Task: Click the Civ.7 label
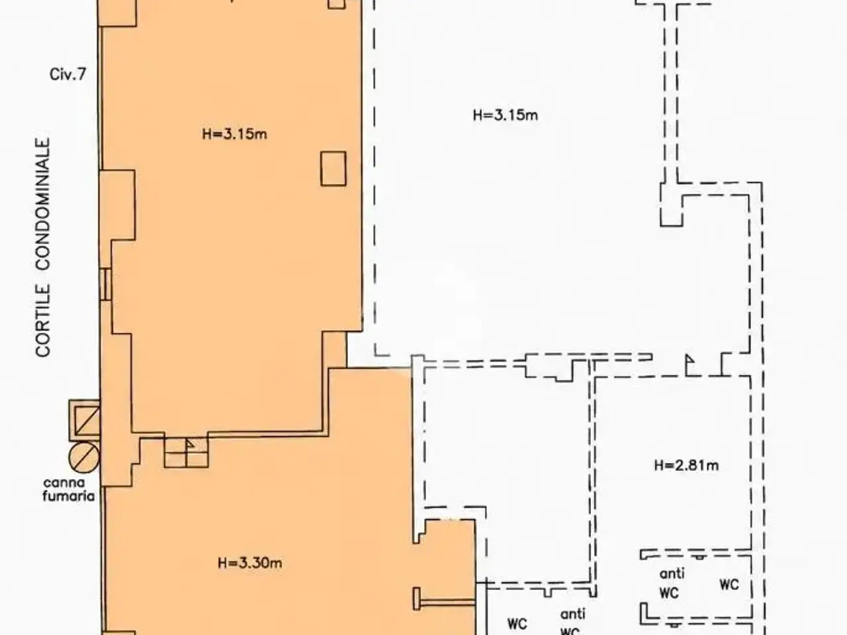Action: tap(67, 74)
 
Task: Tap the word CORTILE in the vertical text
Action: tap(43, 321)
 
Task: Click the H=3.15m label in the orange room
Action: tap(235, 134)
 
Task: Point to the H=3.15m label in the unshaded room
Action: tap(506, 115)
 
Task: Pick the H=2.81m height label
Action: tap(686, 466)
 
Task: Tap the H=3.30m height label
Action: tap(250, 563)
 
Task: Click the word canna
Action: tap(64, 483)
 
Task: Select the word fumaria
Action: tap(69, 496)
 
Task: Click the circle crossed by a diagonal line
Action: tap(84, 458)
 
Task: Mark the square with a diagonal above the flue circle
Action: tap(87, 421)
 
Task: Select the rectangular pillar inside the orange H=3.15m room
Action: tap(333, 169)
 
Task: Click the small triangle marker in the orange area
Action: tap(189, 444)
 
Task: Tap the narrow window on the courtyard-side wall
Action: tap(105, 284)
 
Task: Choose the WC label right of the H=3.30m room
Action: tap(517, 624)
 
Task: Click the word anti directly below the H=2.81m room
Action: tap(672, 573)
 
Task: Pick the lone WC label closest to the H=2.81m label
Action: tap(729, 585)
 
